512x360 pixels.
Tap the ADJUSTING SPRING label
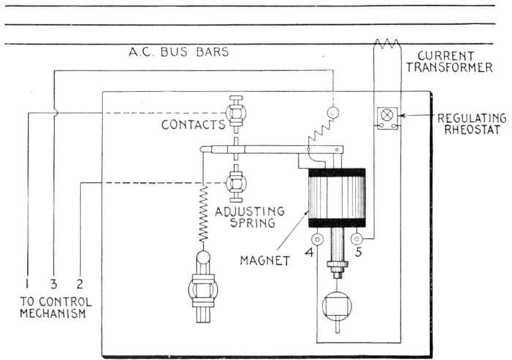250,218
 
